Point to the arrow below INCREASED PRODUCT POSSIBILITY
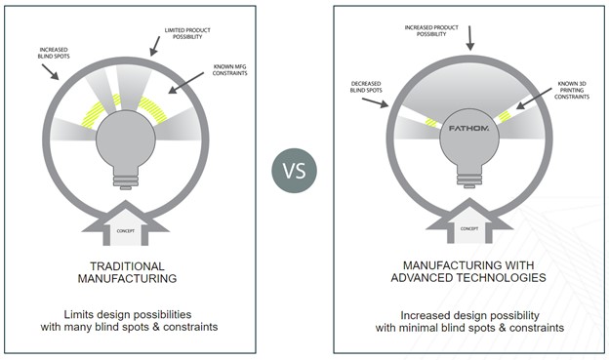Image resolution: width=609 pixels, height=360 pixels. pyautogui.click(x=470, y=36)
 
